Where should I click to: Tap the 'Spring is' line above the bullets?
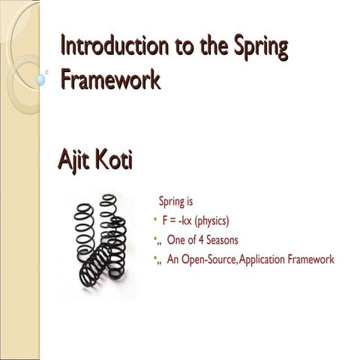click(175, 202)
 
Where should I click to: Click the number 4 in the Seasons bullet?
click(205, 241)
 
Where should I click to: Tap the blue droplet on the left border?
click(40, 75)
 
